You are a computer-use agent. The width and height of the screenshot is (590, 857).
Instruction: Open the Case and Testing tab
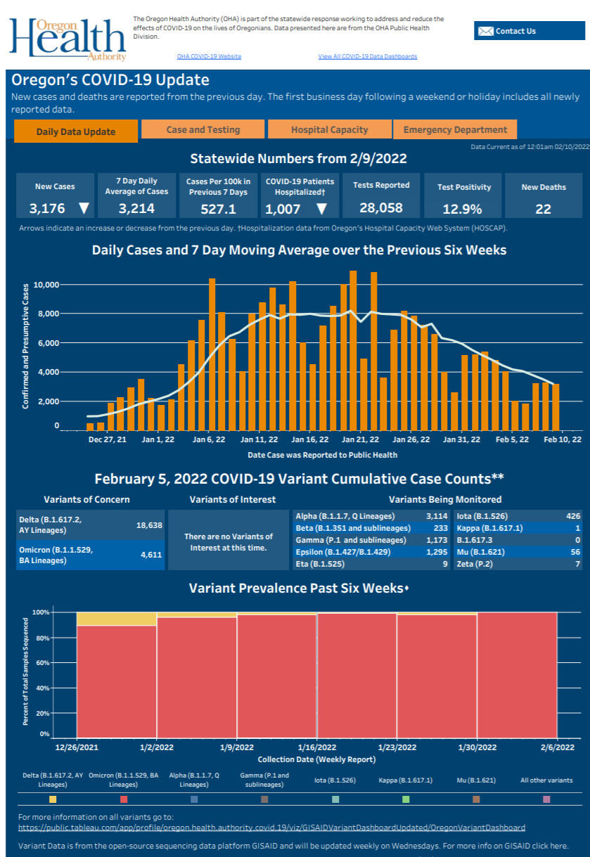(x=203, y=129)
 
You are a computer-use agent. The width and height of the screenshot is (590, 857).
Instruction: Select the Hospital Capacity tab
(x=329, y=129)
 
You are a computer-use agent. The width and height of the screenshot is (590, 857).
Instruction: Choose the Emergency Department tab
(x=455, y=129)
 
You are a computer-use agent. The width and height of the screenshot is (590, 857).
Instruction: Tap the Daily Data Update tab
(x=75, y=131)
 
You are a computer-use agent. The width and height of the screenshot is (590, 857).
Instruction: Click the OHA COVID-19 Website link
(x=210, y=56)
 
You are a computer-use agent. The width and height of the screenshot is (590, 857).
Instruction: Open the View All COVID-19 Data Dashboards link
(x=367, y=56)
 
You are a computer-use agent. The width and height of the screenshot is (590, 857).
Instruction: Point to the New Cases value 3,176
(x=47, y=209)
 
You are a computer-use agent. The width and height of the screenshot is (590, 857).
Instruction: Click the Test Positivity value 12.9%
(x=462, y=209)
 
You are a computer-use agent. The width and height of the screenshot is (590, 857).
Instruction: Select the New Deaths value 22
(x=543, y=209)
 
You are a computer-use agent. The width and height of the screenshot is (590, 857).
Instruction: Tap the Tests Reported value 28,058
(x=380, y=207)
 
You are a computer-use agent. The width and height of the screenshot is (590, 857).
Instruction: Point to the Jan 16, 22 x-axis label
(x=309, y=439)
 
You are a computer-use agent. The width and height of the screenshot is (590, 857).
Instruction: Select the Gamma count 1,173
(x=437, y=540)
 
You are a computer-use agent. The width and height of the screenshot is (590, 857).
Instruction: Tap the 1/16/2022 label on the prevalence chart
(x=317, y=747)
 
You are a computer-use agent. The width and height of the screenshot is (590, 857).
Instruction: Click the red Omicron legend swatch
(x=124, y=799)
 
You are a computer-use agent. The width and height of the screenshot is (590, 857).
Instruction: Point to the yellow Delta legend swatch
(x=53, y=799)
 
